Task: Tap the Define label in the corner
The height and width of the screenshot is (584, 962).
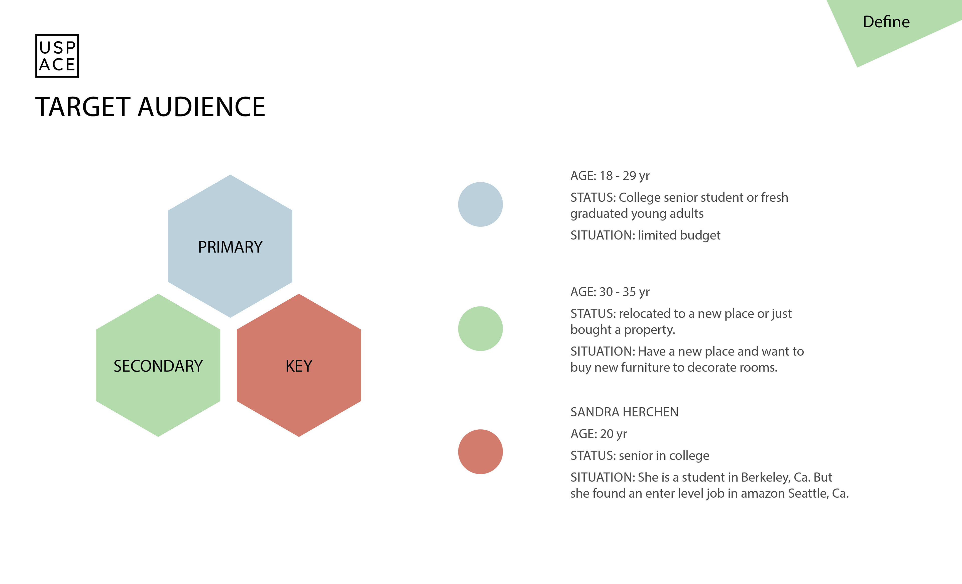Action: pyautogui.click(x=886, y=22)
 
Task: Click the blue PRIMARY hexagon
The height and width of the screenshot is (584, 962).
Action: pyautogui.click(x=230, y=246)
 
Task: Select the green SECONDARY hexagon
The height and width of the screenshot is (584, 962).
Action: pyautogui.click(x=158, y=365)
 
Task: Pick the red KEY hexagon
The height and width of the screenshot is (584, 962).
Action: pyautogui.click(x=299, y=365)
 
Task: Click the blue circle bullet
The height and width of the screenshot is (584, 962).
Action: pyautogui.click(x=480, y=204)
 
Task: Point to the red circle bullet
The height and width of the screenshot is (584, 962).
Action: pyautogui.click(x=480, y=452)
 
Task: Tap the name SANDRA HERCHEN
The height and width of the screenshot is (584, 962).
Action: pyautogui.click(x=624, y=412)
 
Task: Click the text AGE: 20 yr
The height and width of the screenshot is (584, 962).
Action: pyautogui.click(x=598, y=434)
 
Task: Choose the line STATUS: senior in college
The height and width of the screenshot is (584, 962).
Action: pyautogui.click(x=640, y=455)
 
